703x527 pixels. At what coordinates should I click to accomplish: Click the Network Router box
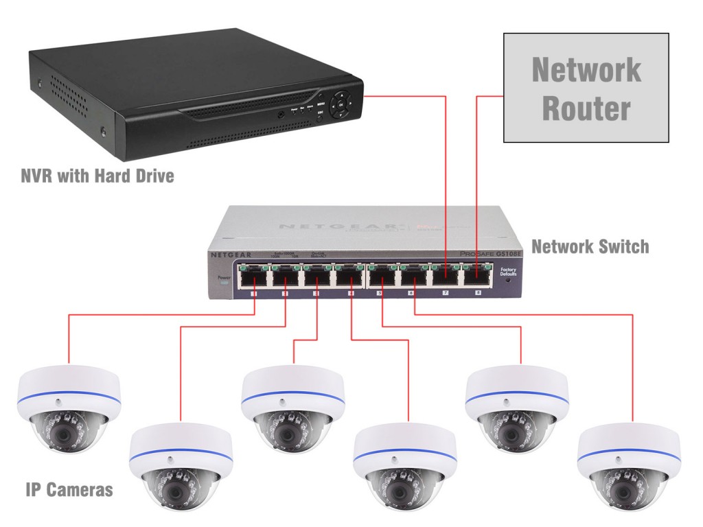pyautogui.click(x=586, y=87)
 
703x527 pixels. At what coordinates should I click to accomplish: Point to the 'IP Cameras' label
pyautogui.click(x=69, y=490)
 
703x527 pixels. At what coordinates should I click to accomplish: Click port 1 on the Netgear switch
pyautogui.click(x=253, y=277)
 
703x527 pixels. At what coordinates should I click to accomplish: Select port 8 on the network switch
pyautogui.click(x=478, y=277)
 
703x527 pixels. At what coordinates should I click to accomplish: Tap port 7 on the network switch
pyautogui.click(x=446, y=277)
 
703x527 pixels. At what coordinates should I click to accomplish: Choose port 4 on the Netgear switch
pyautogui.click(x=349, y=277)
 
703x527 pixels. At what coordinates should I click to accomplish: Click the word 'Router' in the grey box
pyautogui.click(x=586, y=109)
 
